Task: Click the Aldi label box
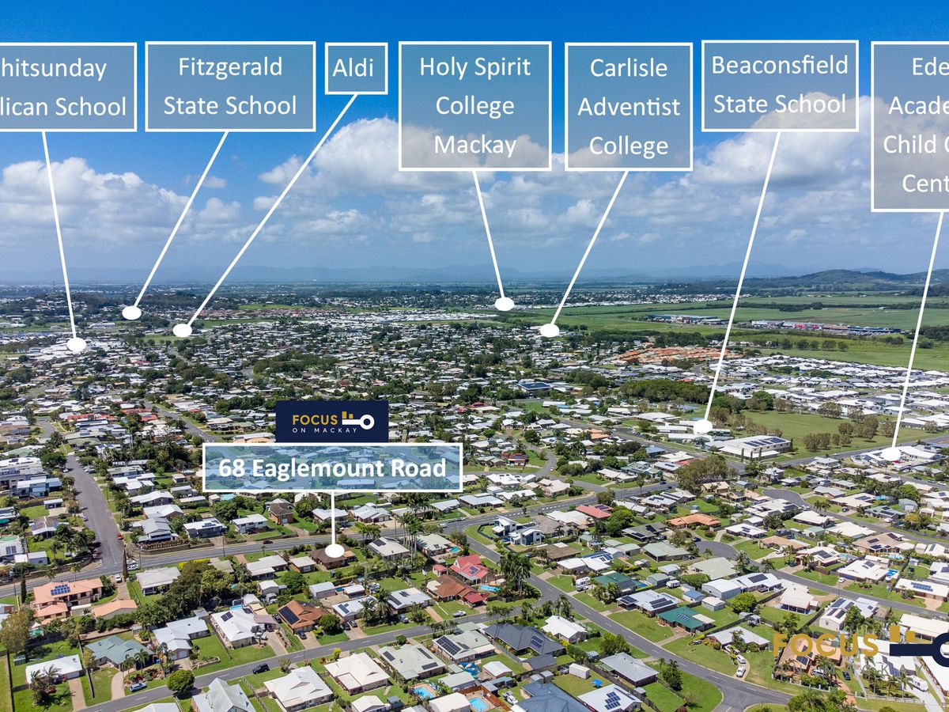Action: point(356,68)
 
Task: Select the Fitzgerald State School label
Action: point(230,86)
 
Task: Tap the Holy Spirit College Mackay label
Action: point(475,106)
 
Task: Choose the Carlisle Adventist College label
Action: point(629,106)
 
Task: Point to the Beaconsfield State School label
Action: point(780,85)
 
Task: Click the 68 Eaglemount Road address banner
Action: point(332,468)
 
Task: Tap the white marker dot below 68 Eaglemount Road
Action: point(335,551)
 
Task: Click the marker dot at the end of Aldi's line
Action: point(182,331)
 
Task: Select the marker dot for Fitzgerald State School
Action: point(131,312)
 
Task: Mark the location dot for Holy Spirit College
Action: point(504,304)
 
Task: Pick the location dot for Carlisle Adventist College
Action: point(549,330)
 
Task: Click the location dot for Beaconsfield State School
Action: point(702,426)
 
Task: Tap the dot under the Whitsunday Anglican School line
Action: point(76,344)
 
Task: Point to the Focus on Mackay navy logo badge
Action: point(331,421)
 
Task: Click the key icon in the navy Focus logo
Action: point(358,421)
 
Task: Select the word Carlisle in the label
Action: point(629,67)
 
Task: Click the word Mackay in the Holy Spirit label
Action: point(475,145)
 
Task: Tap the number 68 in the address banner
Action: point(232,468)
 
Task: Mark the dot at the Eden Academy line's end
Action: point(890,454)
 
